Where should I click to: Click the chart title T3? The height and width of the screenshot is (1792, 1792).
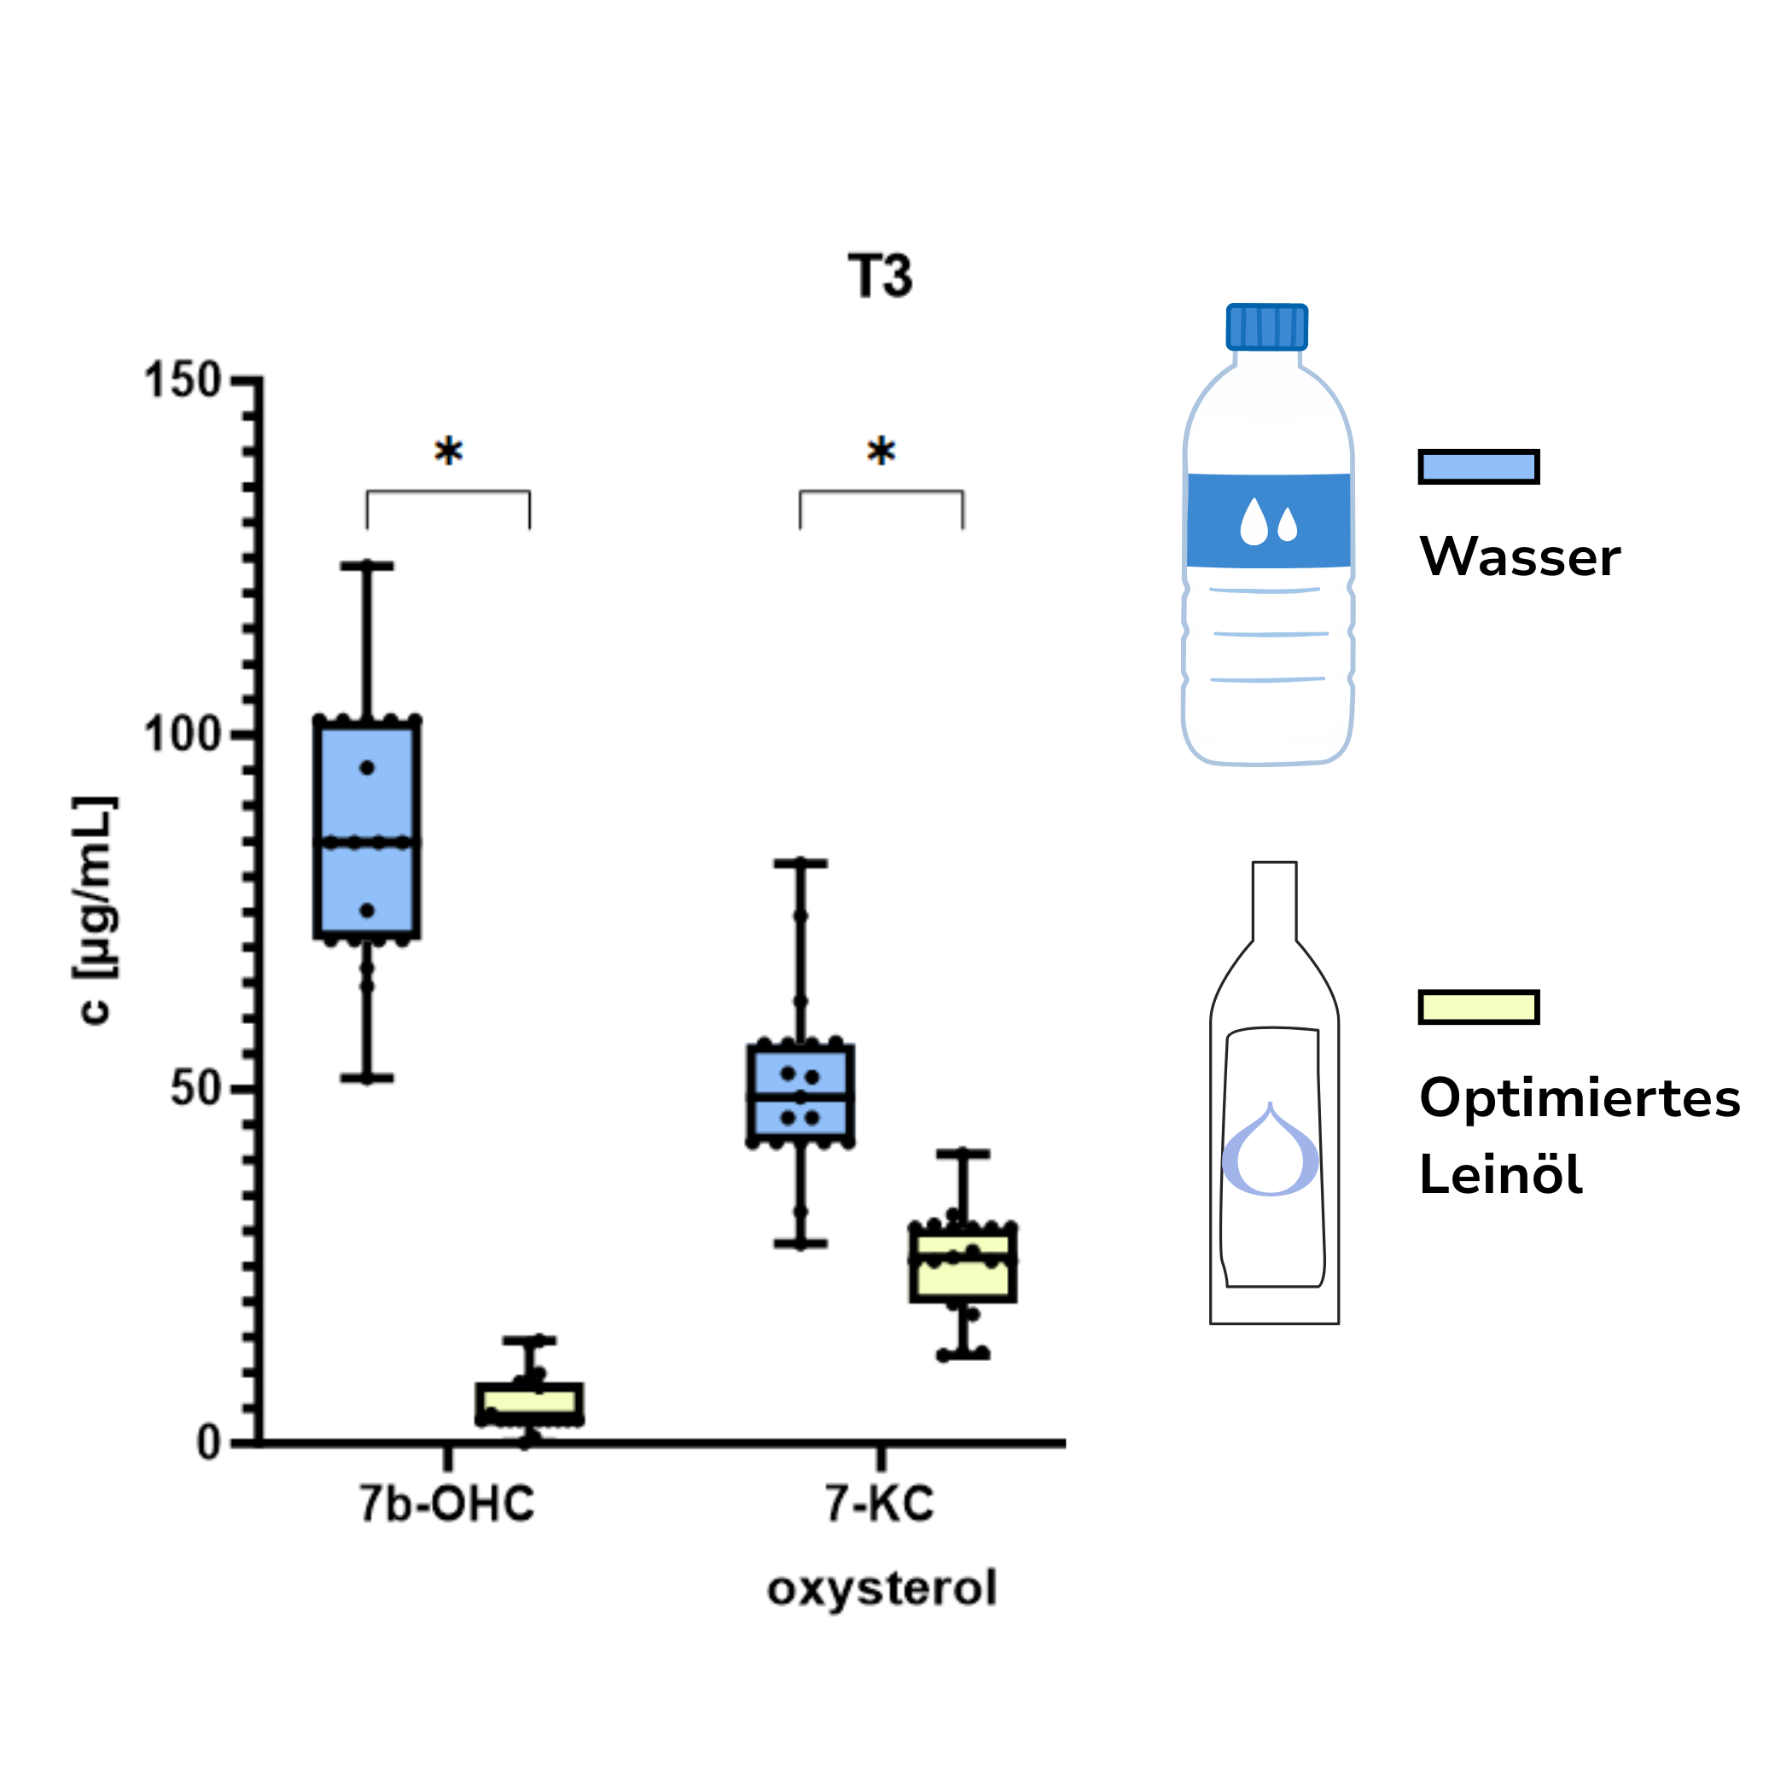tap(879, 276)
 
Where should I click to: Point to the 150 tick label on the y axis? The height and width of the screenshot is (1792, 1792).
tap(182, 381)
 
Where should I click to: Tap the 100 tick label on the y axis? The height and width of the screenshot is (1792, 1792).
tap(182, 735)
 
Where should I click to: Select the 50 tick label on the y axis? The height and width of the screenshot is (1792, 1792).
tap(195, 1089)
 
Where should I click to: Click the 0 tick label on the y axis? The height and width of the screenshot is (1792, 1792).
tap(209, 1443)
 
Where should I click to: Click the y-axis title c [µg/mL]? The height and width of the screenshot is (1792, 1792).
tap(96, 909)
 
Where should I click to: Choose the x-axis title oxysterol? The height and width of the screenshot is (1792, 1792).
tap(881, 1588)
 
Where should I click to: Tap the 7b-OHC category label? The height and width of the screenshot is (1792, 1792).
tap(447, 1504)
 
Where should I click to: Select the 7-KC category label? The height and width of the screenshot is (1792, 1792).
tap(879, 1504)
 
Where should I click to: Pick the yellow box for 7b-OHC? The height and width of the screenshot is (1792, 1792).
tap(530, 1404)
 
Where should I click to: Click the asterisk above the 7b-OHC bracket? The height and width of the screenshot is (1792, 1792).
tap(448, 451)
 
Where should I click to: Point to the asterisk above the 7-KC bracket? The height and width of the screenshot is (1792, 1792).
tap(881, 451)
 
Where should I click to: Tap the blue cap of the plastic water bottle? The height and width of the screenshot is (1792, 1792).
tap(1266, 327)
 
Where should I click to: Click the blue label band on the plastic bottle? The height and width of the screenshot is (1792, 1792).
tap(1268, 520)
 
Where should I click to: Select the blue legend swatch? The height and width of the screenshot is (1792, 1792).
tap(1479, 467)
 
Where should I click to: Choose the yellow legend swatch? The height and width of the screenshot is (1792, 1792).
tap(1479, 1006)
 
